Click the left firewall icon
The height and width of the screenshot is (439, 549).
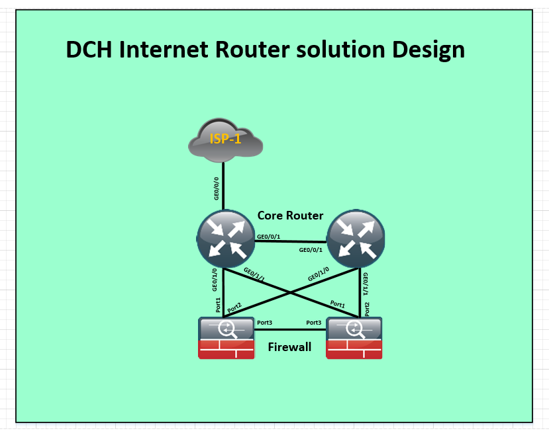click(x=226, y=338)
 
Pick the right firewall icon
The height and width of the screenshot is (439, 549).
click(x=354, y=338)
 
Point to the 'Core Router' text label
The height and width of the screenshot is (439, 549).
click(x=290, y=216)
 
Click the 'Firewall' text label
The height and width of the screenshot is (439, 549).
click(x=289, y=347)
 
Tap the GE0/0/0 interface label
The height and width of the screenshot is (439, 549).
click(x=216, y=188)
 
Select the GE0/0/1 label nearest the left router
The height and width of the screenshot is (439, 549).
click(x=268, y=236)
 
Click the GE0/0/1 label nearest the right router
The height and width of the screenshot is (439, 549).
click(x=311, y=250)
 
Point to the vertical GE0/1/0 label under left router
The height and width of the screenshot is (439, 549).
click(x=215, y=279)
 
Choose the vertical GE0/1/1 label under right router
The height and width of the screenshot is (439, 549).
click(x=366, y=282)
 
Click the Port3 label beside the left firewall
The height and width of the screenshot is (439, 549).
click(x=265, y=323)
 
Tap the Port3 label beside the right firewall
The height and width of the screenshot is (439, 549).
click(x=314, y=323)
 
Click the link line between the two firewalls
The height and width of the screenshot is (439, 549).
click(x=290, y=329)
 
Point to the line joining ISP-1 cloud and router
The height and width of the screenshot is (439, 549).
click(x=224, y=185)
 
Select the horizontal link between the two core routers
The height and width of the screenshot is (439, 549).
click(x=291, y=241)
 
